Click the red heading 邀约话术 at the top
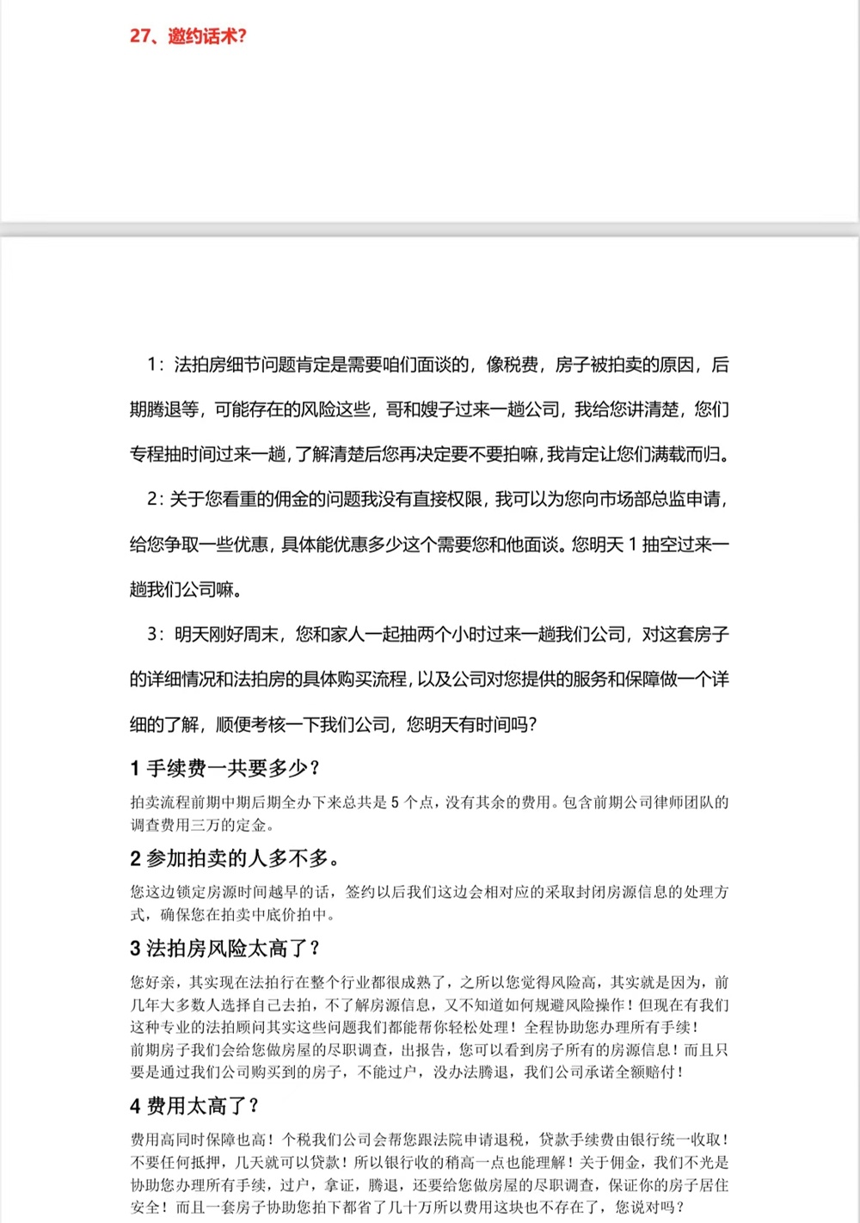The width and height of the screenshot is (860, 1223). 187,36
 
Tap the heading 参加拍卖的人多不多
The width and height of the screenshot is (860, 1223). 234,858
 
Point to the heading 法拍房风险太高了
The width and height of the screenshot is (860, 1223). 224,949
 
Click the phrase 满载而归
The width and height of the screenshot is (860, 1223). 686,454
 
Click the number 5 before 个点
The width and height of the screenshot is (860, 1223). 395,802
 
